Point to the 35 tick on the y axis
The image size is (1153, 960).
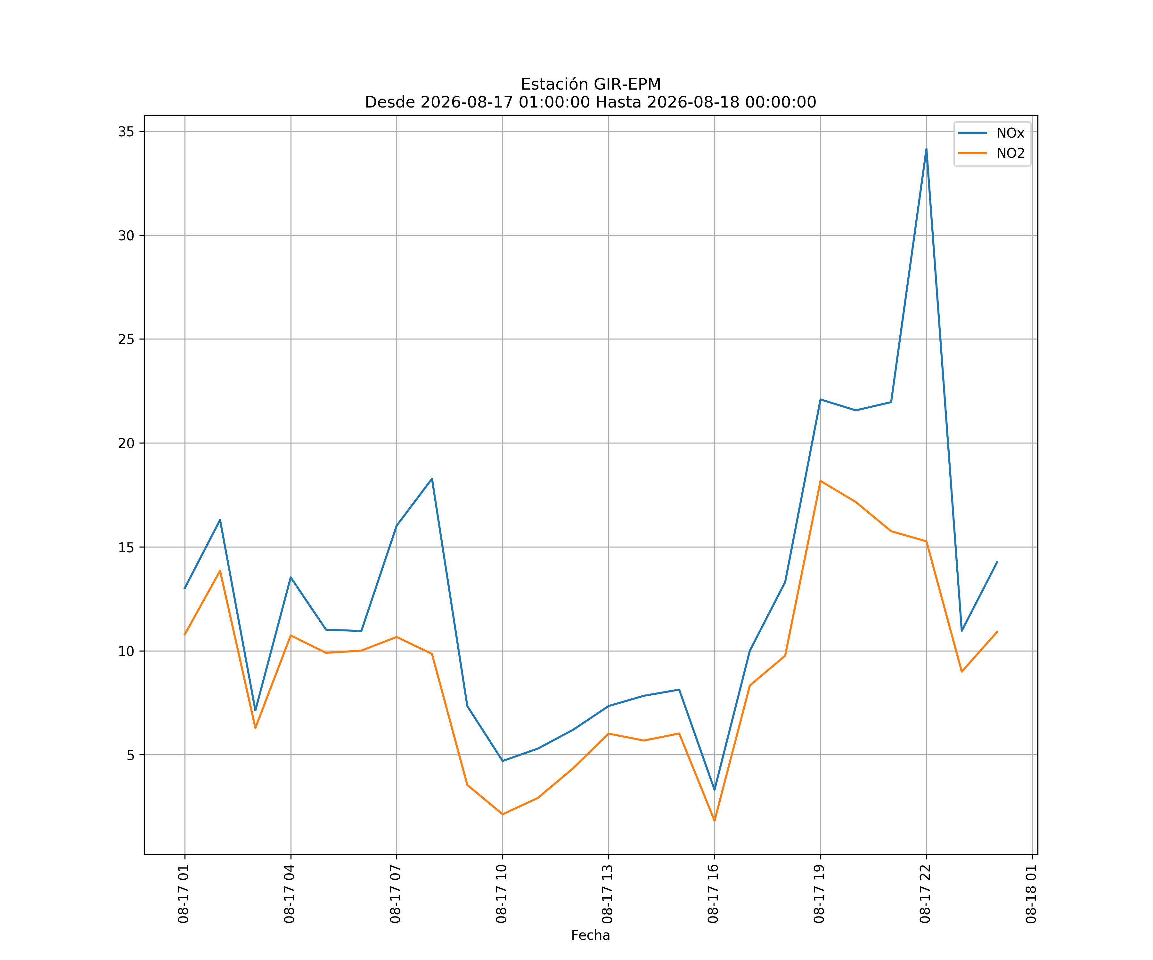pos(126,132)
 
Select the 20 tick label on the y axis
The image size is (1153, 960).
pos(126,443)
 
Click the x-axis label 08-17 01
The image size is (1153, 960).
pos(184,894)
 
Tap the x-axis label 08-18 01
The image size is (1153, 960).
pos(1032,894)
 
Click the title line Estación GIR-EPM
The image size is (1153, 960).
pos(591,84)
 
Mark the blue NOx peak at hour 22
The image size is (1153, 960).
pos(926,149)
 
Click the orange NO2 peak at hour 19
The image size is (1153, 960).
pos(820,481)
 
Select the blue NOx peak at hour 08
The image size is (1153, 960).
pos(432,479)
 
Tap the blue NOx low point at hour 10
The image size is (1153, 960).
pos(503,761)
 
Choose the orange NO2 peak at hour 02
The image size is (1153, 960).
pos(220,571)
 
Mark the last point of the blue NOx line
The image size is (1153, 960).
pos(997,562)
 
